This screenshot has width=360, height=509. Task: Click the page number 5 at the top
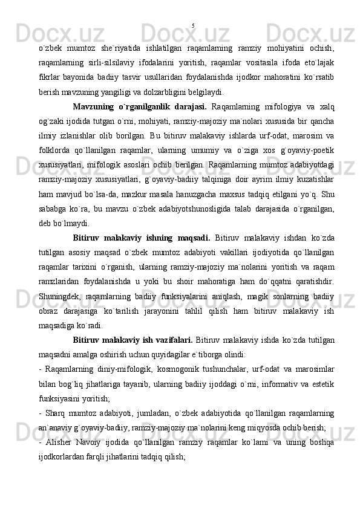coord(192,26)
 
